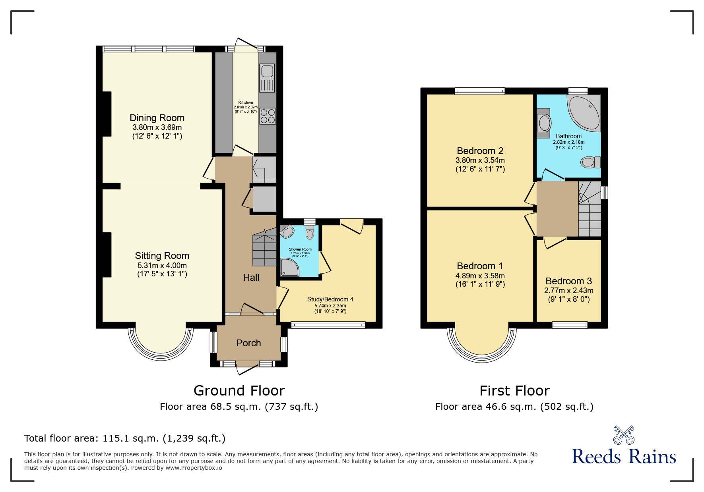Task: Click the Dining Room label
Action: (157, 118)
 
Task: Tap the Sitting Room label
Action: (162, 256)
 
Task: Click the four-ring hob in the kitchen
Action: (268, 116)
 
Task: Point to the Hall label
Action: (251, 278)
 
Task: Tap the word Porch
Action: (248, 343)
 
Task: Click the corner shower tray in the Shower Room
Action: (289, 267)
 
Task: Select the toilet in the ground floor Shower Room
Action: (310, 232)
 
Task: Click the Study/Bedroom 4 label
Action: (330, 299)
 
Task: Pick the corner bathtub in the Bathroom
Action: (584, 113)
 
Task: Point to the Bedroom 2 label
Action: (480, 151)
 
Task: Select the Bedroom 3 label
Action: (568, 281)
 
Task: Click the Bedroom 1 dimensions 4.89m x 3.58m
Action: (480, 276)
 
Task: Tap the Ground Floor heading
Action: (239, 391)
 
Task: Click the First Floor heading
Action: (514, 391)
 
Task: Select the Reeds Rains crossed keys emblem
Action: (624, 435)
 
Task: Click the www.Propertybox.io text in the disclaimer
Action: (194, 468)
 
